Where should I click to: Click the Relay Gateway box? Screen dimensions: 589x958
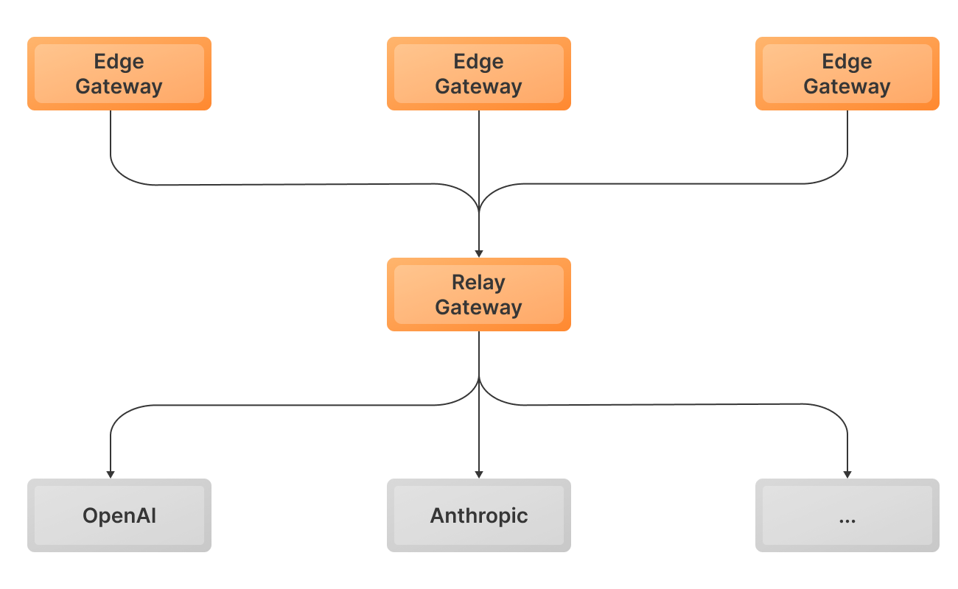[479, 294]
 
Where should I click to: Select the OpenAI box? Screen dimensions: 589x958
[119, 515]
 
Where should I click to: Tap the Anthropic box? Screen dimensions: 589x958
[479, 515]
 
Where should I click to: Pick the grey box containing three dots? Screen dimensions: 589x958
[847, 515]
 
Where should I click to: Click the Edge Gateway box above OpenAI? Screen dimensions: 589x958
[119, 74]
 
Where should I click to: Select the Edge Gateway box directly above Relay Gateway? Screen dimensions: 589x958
[479, 74]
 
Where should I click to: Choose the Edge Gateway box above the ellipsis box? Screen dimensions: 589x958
[847, 74]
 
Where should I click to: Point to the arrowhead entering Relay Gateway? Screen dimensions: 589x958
[479, 253]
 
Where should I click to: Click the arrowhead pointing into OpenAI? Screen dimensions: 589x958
[111, 474]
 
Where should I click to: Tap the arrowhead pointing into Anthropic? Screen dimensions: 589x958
[479, 474]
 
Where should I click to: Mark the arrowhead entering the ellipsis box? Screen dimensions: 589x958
[847, 474]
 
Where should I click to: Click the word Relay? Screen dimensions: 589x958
[479, 283]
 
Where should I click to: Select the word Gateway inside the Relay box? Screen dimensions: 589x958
[479, 307]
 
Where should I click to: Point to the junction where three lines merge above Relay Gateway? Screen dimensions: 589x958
[479, 210]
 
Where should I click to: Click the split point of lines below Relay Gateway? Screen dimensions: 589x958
[479, 380]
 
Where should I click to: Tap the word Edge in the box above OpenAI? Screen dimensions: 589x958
[119, 62]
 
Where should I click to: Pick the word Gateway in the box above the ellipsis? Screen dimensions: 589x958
[847, 86]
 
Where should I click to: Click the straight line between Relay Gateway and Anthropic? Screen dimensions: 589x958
[479, 434]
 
